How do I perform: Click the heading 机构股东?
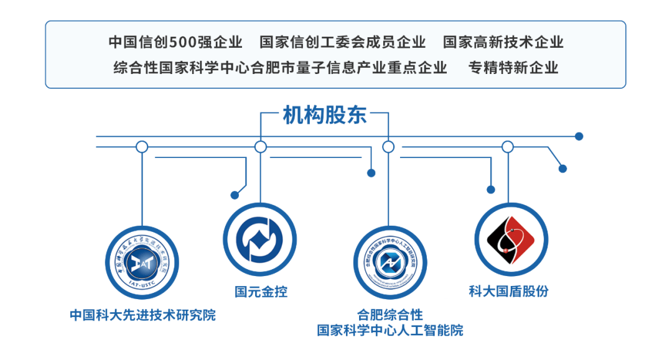tap(324, 115)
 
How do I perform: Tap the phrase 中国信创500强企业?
tap(175, 42)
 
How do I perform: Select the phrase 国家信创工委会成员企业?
tap(342, 42)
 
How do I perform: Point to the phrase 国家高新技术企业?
tap(503, 42)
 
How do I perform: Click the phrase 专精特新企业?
tap(513, 68)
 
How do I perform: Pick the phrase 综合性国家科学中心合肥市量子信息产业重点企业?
tap(280, 68)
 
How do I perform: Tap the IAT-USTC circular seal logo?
tap(142, 262)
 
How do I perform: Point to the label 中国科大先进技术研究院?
tap(142, 315)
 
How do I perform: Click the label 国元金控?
tap(261, 292)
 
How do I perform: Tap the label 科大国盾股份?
tap(508, 290)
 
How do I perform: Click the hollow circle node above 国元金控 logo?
tap(261, 147)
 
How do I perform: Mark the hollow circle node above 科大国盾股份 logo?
tap(508, 147)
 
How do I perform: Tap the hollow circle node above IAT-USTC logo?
tap(142, 147)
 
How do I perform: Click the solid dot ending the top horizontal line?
tap(579, 136)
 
